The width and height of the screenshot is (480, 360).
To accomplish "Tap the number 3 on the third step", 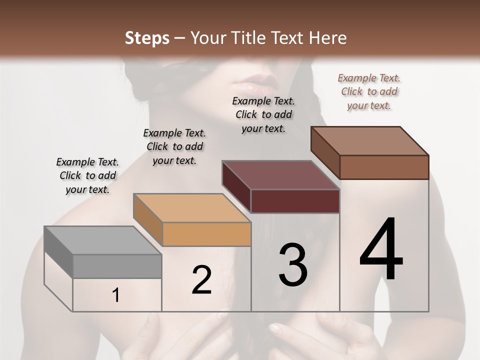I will pos(293,265).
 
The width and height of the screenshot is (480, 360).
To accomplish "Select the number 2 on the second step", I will pos(201,280).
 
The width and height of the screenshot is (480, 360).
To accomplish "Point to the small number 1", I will pos(116,295).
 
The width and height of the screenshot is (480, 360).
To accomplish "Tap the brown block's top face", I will pos(369,141).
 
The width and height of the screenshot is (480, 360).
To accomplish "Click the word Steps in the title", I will pos(147,38).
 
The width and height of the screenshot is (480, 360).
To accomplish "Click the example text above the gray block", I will pos(87,175).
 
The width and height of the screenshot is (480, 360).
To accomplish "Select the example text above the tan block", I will pos(174,146).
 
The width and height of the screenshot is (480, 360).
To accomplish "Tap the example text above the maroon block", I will pos(263,114).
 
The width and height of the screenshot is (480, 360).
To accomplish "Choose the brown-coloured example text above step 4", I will pos(369,91).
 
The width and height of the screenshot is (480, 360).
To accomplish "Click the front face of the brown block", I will pos(384,167).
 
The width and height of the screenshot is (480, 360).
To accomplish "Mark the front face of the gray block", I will pos(117,266).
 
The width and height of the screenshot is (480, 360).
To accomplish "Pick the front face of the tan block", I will pos(206,234).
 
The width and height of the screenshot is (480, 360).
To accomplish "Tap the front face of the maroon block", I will pos(295,201).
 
